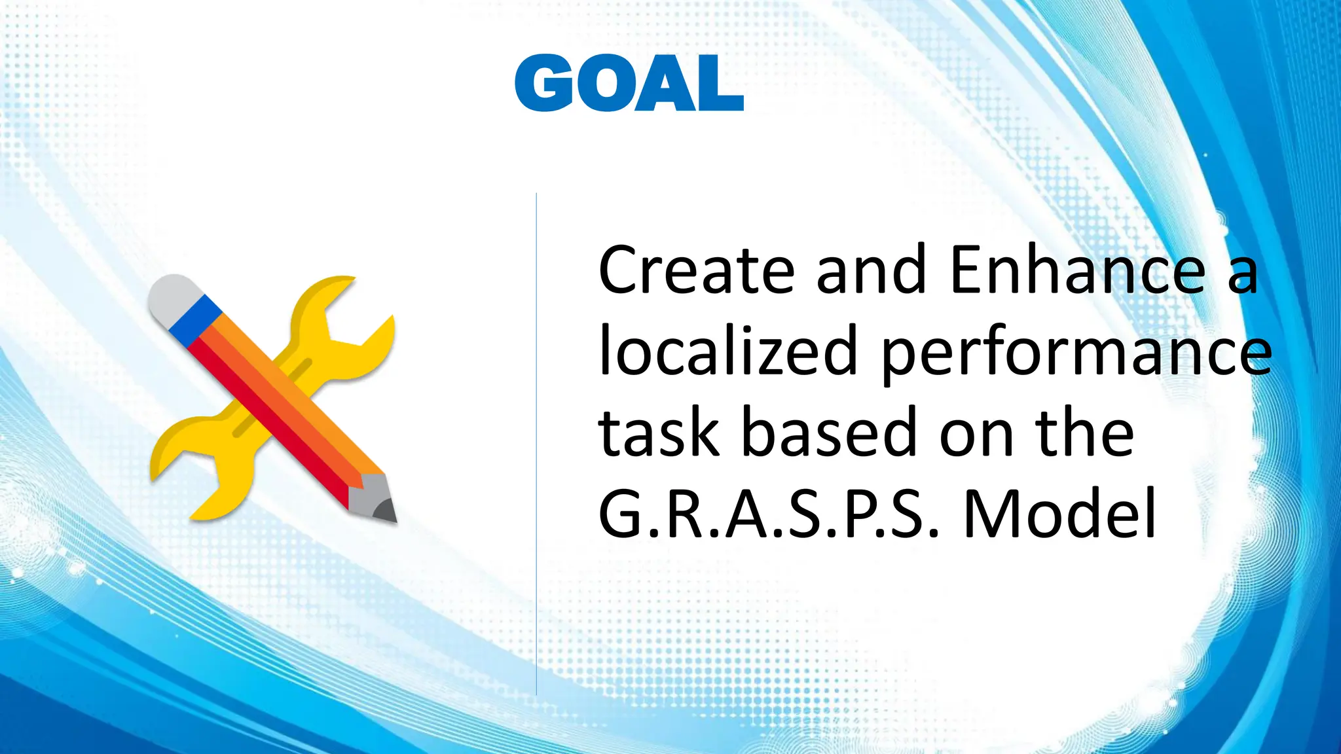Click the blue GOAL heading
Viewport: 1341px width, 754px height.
[629, 84]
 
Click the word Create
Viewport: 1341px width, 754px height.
[696, 270]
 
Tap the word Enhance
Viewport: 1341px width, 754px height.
[1077, 270]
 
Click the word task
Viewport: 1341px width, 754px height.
[659, 433]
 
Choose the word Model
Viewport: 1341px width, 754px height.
[1059, 514]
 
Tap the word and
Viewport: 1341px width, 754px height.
[872, 270]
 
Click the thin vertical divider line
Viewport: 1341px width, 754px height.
[536, 445]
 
